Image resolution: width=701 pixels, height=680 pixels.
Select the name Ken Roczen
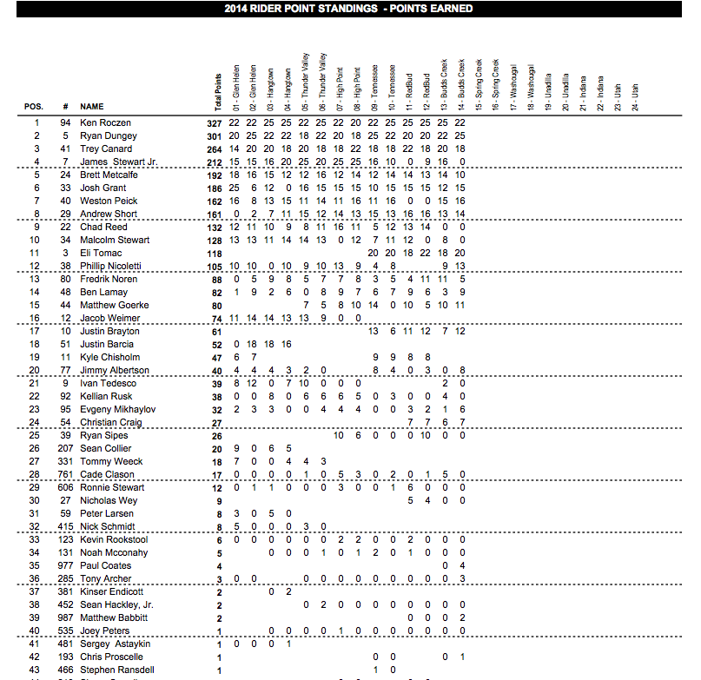click(x=104, y=123)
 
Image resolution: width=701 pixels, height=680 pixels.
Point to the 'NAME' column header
click(x=92, y=107)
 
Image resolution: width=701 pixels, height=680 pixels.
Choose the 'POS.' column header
click(x=34, y=107)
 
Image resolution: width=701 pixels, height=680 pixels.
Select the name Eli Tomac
click(x=98, y=254)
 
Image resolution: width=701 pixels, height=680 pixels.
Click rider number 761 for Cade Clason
click(x=63, y=474)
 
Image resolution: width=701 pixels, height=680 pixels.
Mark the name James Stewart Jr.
click(x=118, y=162)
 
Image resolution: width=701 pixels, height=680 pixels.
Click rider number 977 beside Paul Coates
click(x=63, y=566)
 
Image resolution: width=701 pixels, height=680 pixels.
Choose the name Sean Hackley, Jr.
click(x=118, y=605)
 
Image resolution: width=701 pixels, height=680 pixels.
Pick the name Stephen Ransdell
click(x=117, y=670)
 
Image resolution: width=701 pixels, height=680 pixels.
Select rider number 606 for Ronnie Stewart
click(x=63, y=488)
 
